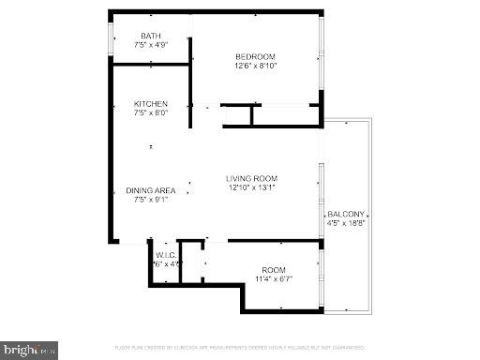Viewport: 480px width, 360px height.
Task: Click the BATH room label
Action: coord(150,37)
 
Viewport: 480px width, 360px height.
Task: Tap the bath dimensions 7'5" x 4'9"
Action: coord(150,45)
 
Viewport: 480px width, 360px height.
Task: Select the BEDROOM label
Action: coord(255,57)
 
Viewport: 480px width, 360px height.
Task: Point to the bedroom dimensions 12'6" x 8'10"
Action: coord(255,66)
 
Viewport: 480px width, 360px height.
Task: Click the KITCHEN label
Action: coord(150,104)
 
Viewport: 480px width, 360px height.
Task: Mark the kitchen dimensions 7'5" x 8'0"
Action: coord(150,112)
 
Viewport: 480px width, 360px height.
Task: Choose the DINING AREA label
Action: coord(151,191)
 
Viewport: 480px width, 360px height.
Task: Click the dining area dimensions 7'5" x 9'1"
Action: coord(151,200)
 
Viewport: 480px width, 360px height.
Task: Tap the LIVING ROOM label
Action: coord(255,178)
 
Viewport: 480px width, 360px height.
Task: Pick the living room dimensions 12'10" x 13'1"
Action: coord(255,187)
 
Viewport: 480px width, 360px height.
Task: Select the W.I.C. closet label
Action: coord(166,254)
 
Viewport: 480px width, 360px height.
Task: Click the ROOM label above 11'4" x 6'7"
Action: coord(274,269)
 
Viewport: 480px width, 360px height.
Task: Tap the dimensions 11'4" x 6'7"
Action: coord(274,277)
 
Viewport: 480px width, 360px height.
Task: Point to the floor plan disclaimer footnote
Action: coord(240,348)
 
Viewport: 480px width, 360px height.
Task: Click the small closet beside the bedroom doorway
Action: coord(237,116)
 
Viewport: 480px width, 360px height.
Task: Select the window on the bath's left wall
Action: coord(112,41)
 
